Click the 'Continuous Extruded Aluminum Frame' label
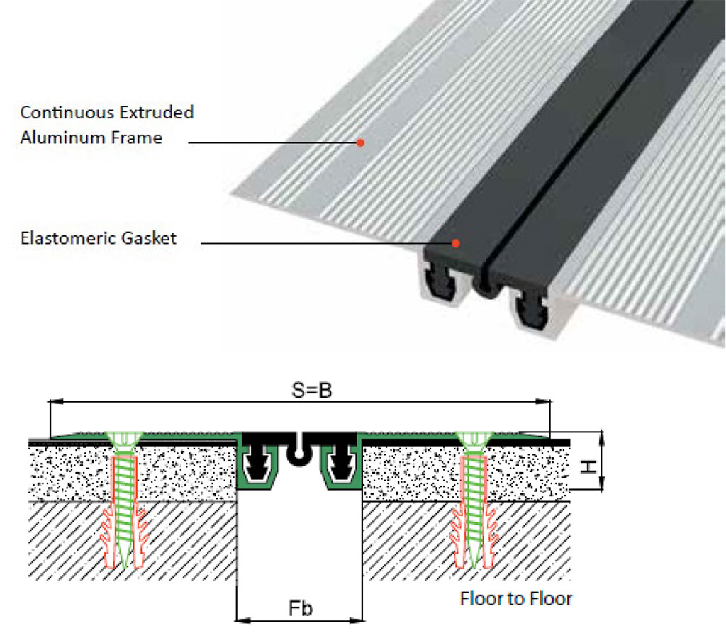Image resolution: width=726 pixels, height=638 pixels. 106,124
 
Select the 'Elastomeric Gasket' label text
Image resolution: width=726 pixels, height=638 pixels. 98,238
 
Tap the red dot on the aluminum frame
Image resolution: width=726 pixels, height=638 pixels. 360,142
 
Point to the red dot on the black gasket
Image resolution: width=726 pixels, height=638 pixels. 456,243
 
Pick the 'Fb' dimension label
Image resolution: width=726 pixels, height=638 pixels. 301,609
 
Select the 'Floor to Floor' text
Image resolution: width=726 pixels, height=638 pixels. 515,599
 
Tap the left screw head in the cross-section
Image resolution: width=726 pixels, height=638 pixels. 123,440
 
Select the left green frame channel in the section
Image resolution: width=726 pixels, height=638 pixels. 258,468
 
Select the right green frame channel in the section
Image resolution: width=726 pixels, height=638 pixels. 342,468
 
